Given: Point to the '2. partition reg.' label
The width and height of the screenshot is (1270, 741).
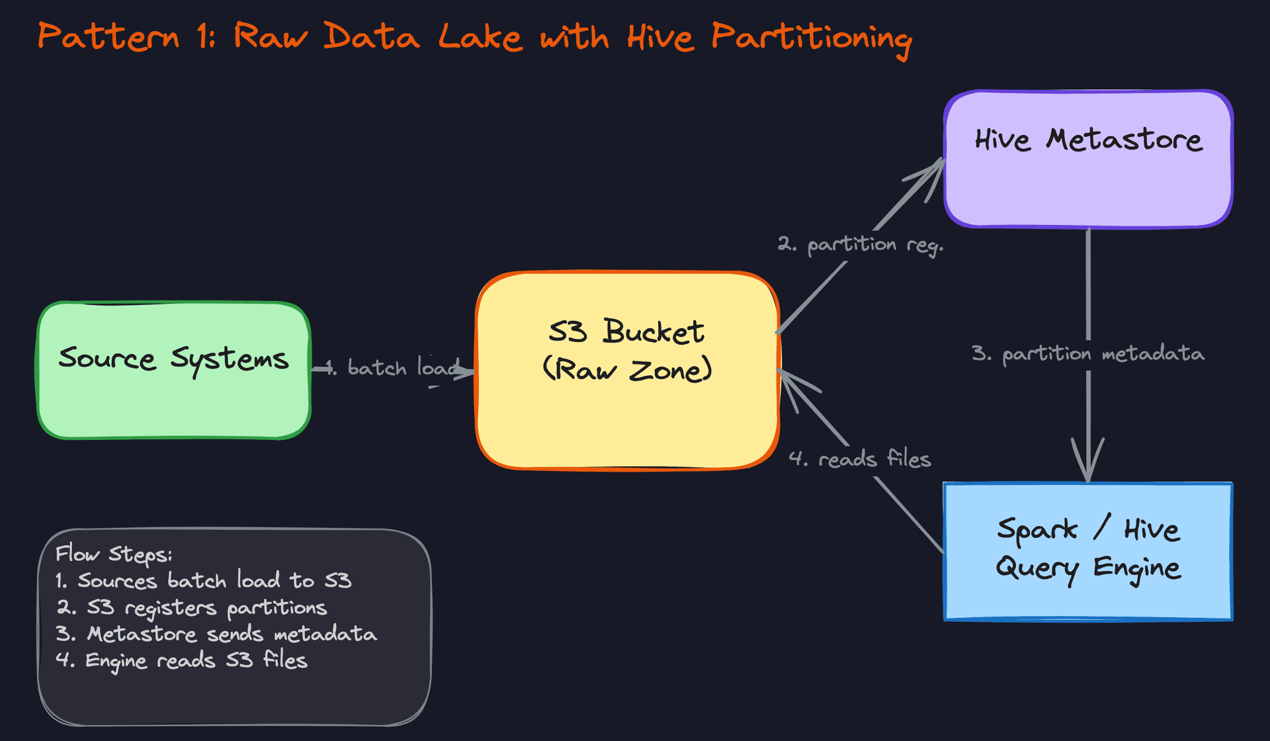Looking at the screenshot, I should pos(860,245).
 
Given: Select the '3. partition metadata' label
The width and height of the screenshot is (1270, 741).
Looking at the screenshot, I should pos(1088,354).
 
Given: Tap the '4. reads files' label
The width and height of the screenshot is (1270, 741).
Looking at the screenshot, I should pos(860,458).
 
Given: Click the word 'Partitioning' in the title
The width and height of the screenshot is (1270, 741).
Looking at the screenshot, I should pos(812,38).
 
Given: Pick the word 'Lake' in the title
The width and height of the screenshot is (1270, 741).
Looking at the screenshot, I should pos(480,36).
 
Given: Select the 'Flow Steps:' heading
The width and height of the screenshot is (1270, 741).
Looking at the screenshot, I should pos(114,554).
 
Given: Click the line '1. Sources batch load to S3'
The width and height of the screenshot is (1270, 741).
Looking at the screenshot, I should pos(203,581).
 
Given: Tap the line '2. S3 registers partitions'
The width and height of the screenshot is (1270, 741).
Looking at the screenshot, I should pos(192,608).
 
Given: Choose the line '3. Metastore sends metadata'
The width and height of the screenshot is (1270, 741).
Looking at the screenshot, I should pos(216,634).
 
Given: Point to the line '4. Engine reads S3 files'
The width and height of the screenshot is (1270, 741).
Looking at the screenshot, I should pos(182,661).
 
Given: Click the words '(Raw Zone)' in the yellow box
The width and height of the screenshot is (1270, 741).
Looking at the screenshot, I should pos(627,370).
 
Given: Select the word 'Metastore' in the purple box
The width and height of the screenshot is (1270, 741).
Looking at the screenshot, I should pos(1124,140).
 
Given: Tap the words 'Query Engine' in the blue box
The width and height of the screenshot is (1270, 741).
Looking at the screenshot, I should pos(1088,568).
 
